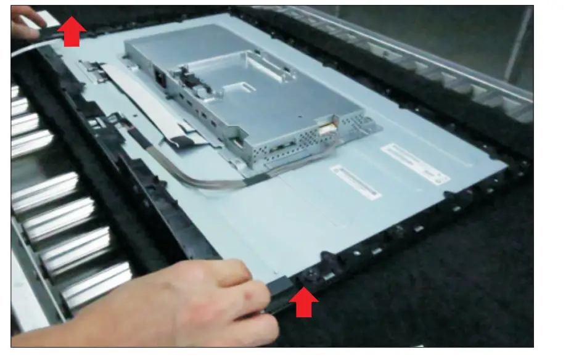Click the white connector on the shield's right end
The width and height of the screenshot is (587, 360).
click(x=326, y=131)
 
